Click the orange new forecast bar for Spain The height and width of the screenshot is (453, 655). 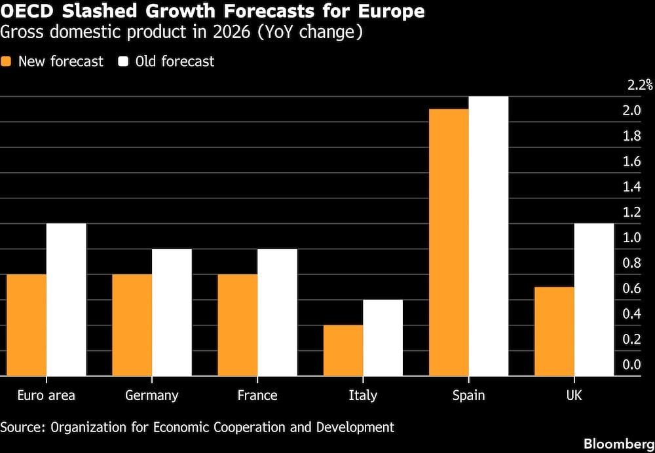click(449, 242)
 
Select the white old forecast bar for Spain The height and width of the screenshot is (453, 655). click(489, 236)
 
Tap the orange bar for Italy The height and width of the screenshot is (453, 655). click(343, 350)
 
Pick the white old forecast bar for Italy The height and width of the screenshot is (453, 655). click(383, 338)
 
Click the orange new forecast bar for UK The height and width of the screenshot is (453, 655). click(555, 331)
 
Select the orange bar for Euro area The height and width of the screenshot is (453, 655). click(26, 325)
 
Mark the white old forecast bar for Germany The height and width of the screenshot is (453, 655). click(172, 312)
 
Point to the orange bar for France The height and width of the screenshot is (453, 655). click(238, 325)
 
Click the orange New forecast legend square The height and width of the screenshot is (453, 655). click(7, 62)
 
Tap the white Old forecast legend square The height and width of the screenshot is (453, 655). click(123, 62)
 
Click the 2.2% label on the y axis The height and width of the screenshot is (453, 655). click(639, 85)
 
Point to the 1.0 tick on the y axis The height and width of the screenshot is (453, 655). click(632, 238)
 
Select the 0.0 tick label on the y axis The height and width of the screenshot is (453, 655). click(632, 365)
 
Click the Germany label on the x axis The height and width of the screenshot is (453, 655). click(151, 395)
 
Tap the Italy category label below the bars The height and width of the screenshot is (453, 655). click(363, 395)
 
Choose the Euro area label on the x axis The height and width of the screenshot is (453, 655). click(46, 395)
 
